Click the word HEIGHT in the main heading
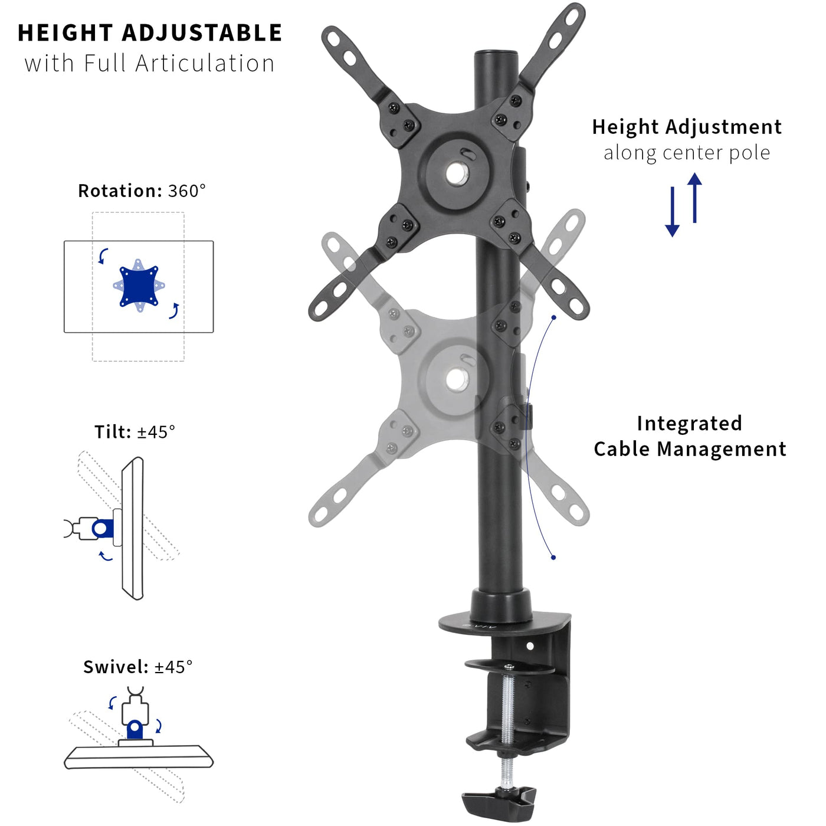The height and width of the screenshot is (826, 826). pyautogui.click(x=65, y=33)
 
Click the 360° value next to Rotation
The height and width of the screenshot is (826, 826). pyautogui.click(x=187, y=191)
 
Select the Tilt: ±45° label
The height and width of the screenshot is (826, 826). pyautogui.click(x=135, y=432)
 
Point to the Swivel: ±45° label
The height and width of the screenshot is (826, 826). pyautogui.click(x=138, y=667)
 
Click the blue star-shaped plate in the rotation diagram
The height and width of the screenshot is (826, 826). pyautogui.click(x=139, y=286)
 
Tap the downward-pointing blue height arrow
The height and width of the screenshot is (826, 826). pyautogui.click(x=672, y=212)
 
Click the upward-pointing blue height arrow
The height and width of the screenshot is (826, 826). pyautogui.click(x=694, y=198)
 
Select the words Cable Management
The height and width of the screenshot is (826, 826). pyautogui.click(x=690, y=449)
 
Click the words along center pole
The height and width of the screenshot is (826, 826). pyautogui.click(x=687, y=153)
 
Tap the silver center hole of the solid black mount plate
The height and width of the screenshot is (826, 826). pyautogui.click(x=457, y=173)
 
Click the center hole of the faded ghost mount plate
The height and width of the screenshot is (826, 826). pyautogui.click(x=457, y=380)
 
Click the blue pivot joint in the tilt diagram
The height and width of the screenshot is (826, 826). pyautogui.click(x=103, y=529)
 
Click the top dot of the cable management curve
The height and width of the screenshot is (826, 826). pyautogui.click(x=554, y=317)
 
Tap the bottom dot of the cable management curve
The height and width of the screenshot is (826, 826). pyautogui.click(x=553, y=557)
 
